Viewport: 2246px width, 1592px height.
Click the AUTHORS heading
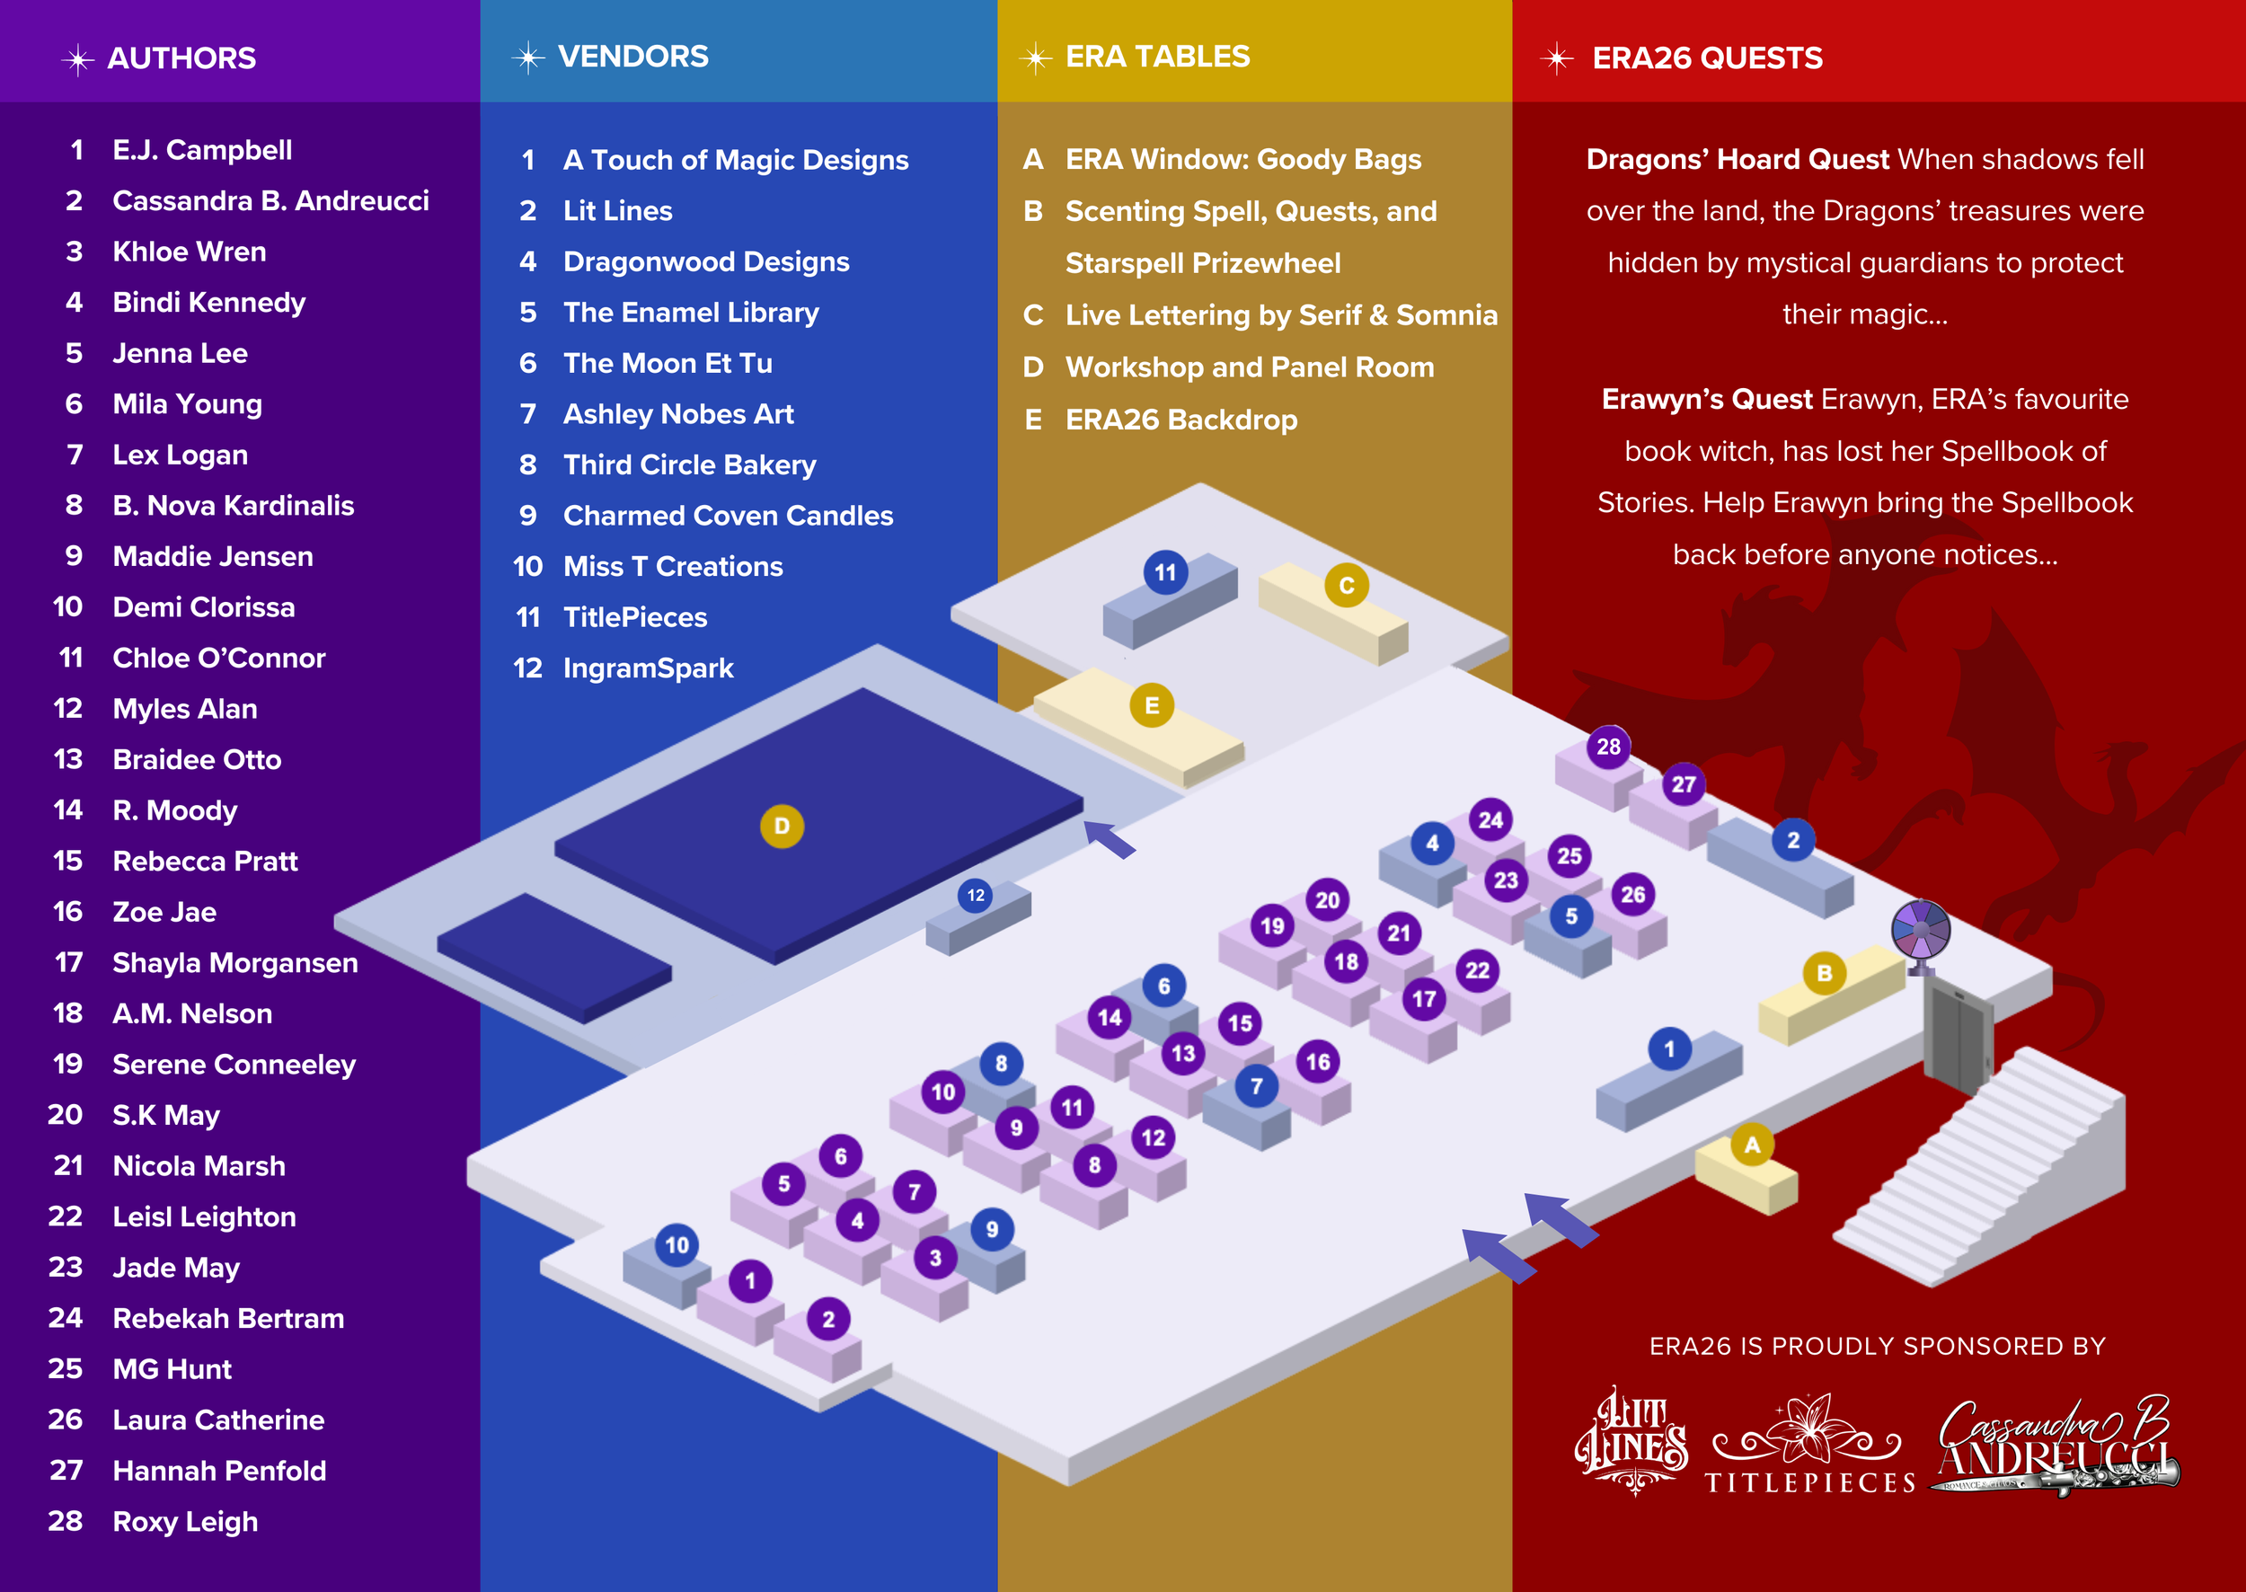(181, 57)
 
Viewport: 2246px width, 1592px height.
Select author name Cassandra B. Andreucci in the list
(270, 201)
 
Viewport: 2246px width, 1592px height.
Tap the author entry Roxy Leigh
(185, 1521)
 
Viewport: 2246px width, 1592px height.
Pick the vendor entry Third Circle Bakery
(689, 464)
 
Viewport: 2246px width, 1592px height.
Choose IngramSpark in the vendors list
(648, 668)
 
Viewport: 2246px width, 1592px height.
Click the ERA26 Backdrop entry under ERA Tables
(1181, 420)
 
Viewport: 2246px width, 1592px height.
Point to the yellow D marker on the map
(782, 827)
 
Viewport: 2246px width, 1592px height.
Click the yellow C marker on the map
(1346, 585)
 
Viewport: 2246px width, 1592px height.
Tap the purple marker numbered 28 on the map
(1608, 746)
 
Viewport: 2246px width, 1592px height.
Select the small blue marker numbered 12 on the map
(976, 895)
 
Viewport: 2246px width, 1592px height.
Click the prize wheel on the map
(1921, 928)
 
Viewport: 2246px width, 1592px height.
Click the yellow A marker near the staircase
(1752, 1144)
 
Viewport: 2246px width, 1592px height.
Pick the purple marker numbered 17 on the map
(1423, 999)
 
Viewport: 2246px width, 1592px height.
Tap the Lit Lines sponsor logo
(1631, 1438)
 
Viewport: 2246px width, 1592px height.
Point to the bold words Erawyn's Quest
(1706, 399)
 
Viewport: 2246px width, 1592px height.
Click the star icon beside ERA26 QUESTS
(1556, 58)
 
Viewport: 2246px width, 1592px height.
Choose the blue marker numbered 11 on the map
(1164, 571)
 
